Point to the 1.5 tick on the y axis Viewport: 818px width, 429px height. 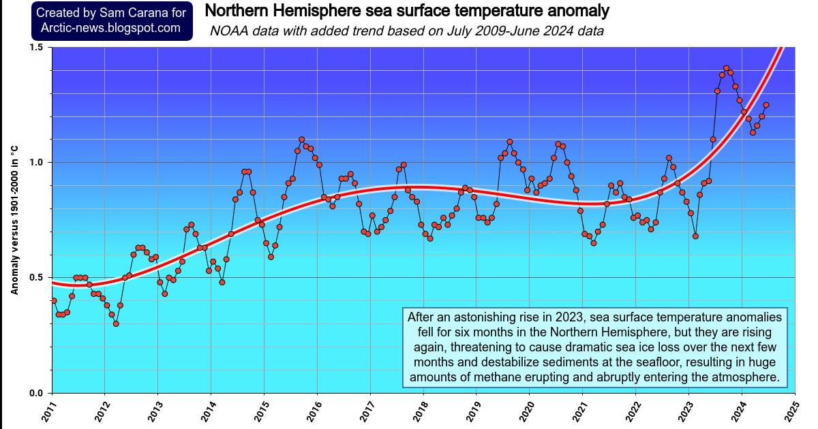(x=35, y=47)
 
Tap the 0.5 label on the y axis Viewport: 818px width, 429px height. (x=35, y=277)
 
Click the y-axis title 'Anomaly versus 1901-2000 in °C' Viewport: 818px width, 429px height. (x=14, y=219)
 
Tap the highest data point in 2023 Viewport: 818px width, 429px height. (x=726, y=68)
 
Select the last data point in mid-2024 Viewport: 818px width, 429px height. (x=766, y=105)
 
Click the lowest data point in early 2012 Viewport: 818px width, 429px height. (x=116, y=323)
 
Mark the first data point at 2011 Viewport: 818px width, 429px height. (x=54, y=300)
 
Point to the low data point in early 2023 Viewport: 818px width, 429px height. (x=695, y=236)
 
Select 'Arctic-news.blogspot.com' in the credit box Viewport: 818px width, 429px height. (x=111, y=28)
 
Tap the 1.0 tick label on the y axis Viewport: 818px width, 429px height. (x=35, y=162)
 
